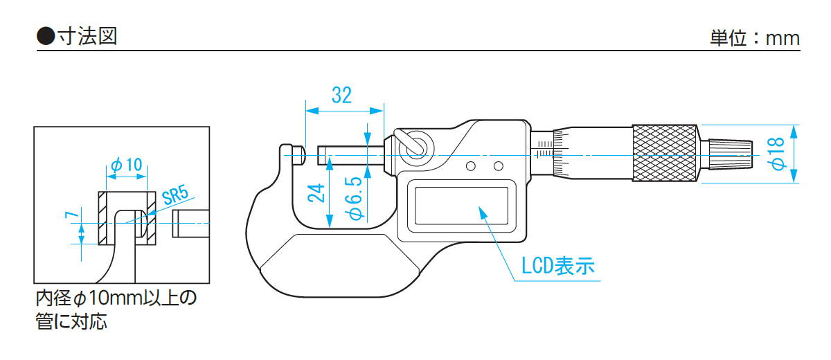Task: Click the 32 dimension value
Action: (341, 96)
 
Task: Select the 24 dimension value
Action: (316, 192)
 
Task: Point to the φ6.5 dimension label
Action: (354, 198)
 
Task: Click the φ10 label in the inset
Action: (126, 165)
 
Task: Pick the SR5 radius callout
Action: (175, 196)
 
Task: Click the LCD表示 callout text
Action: (558, 267)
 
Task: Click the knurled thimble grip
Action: (664, 154)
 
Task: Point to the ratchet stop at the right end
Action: (727, 154)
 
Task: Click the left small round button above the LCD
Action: (471, 166)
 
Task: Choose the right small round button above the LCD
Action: (498, 166)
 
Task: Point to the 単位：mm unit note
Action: (755, 37)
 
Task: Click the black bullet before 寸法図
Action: (45, 37)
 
